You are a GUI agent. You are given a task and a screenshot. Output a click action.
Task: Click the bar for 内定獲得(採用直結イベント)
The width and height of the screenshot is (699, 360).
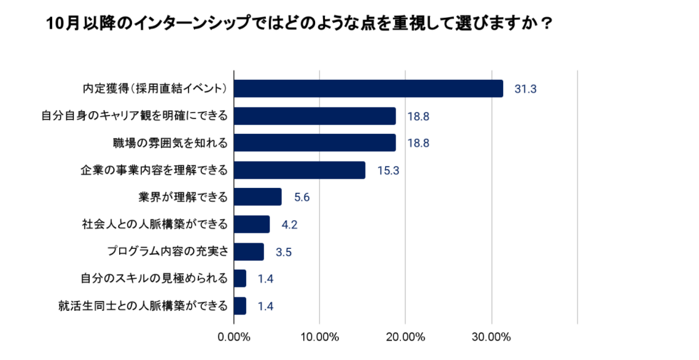(x=369, y=88)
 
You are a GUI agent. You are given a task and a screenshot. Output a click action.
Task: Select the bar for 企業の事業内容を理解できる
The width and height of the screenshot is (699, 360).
(x=300, y=170)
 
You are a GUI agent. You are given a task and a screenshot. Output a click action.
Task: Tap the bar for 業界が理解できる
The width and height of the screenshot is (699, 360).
(x=258, y=197)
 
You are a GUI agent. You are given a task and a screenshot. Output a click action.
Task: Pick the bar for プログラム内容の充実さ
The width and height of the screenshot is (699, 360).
(x=249, y=252)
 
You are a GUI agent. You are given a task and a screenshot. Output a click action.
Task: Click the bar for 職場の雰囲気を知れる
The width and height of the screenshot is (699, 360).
(x=314, y=143)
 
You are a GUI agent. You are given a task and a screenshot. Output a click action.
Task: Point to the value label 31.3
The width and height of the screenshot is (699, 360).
(x=526, y=89)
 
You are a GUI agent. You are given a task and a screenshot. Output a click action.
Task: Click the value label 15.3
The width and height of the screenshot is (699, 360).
(x=388, y=171)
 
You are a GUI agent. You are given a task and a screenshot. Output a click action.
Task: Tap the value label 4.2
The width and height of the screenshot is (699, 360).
(x=289, y=225)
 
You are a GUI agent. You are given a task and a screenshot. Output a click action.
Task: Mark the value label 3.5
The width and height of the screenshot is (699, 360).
(x=283, y=252)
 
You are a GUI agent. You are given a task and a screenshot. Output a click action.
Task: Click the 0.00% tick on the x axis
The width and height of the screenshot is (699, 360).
(x=233, y=337)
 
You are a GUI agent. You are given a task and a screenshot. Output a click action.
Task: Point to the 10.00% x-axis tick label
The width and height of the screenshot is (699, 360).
(x=319, y=337)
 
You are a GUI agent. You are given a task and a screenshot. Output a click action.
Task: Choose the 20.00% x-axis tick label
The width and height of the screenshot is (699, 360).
(x=405, y=337)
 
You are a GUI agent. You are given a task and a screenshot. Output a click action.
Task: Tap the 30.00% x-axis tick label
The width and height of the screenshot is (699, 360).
(x=491, y=337)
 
